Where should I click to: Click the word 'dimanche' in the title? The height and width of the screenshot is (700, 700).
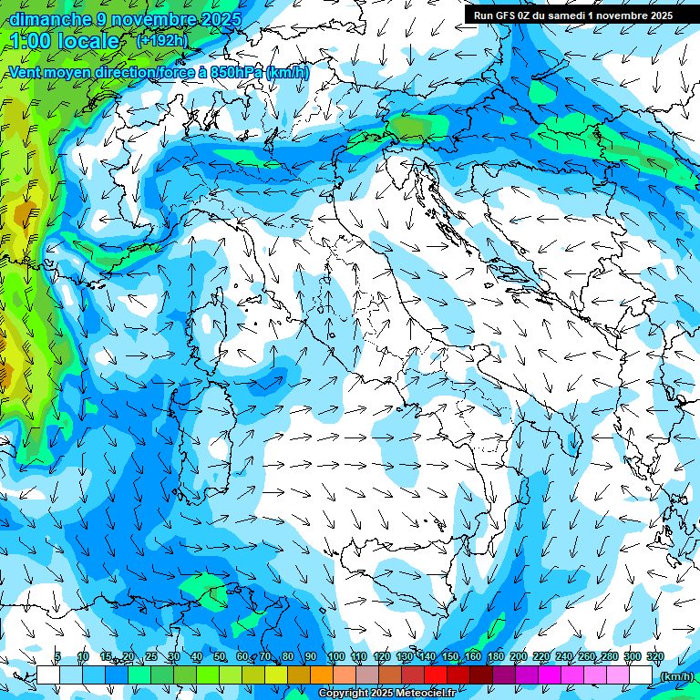tap(49, 19)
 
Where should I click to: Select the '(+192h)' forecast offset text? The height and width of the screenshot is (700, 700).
tap(162, 40)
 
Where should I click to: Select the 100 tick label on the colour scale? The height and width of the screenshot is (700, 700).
tap(335, 656)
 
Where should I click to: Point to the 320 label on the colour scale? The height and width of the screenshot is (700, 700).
tap(654, 656)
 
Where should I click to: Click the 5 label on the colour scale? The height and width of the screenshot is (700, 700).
tap(58, 656)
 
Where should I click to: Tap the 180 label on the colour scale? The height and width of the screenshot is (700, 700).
tap(495, 656)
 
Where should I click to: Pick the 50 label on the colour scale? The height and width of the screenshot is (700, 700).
tap(220, 656)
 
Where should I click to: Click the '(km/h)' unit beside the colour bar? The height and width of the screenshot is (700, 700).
tap(676, 676)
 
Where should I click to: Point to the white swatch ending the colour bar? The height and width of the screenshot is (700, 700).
tap(641, 674)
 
